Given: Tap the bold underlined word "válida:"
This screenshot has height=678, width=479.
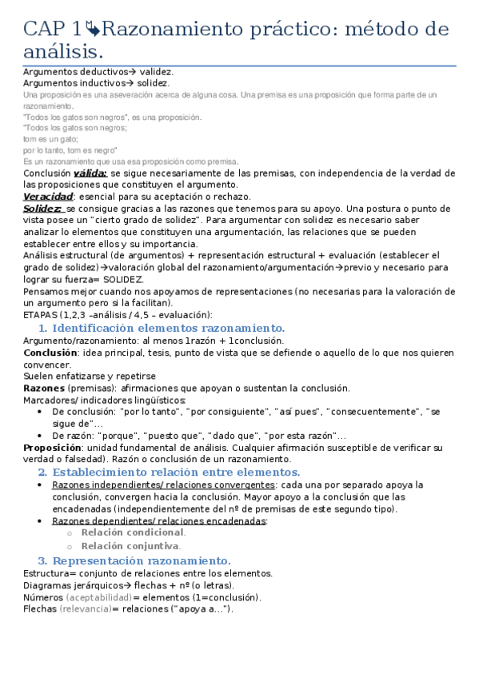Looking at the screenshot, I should point(90,173).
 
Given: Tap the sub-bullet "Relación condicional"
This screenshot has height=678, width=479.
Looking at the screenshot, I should point(133,532).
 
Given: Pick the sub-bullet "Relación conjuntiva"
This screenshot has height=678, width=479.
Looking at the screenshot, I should point(130,546).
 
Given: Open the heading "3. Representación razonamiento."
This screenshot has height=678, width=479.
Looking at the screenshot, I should point(135,560).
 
